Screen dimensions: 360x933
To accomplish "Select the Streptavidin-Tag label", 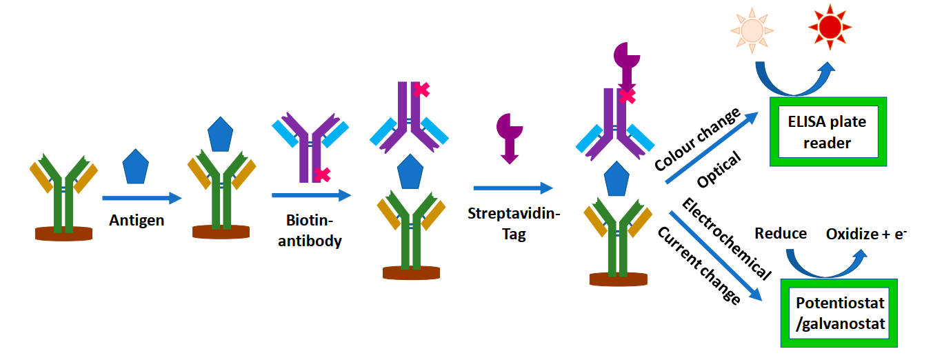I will point(514,224).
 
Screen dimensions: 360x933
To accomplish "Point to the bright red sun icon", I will point(830,26).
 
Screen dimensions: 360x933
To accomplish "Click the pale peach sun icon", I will point(752,29).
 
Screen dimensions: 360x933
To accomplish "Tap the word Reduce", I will point(781,233).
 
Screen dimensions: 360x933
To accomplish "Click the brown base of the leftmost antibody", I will point(63,233).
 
